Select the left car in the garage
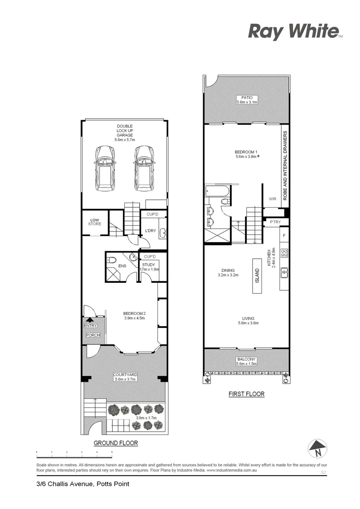pos(105,168)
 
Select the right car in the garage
pos(144,168)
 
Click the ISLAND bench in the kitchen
pos(257,276)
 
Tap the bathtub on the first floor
pos(217,191)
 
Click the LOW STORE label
pos(94,222)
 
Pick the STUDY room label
pos(149,265)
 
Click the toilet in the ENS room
pos(111,260)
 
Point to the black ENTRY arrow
pos(90,320)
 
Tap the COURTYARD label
pos(125,375)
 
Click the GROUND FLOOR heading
pos(115,443)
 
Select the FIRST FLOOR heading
pos(246,394)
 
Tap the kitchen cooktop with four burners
pos(284,252)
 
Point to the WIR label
pos(272,199)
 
